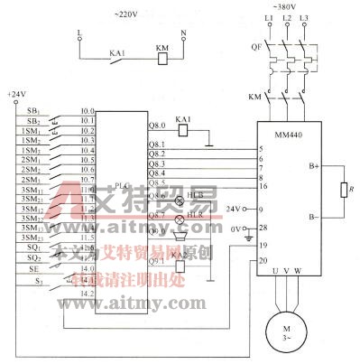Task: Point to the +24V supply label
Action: [16, 94]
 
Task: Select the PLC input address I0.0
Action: [88, 110]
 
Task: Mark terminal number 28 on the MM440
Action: [263, 229]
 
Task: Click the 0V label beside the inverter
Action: [237, 229]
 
